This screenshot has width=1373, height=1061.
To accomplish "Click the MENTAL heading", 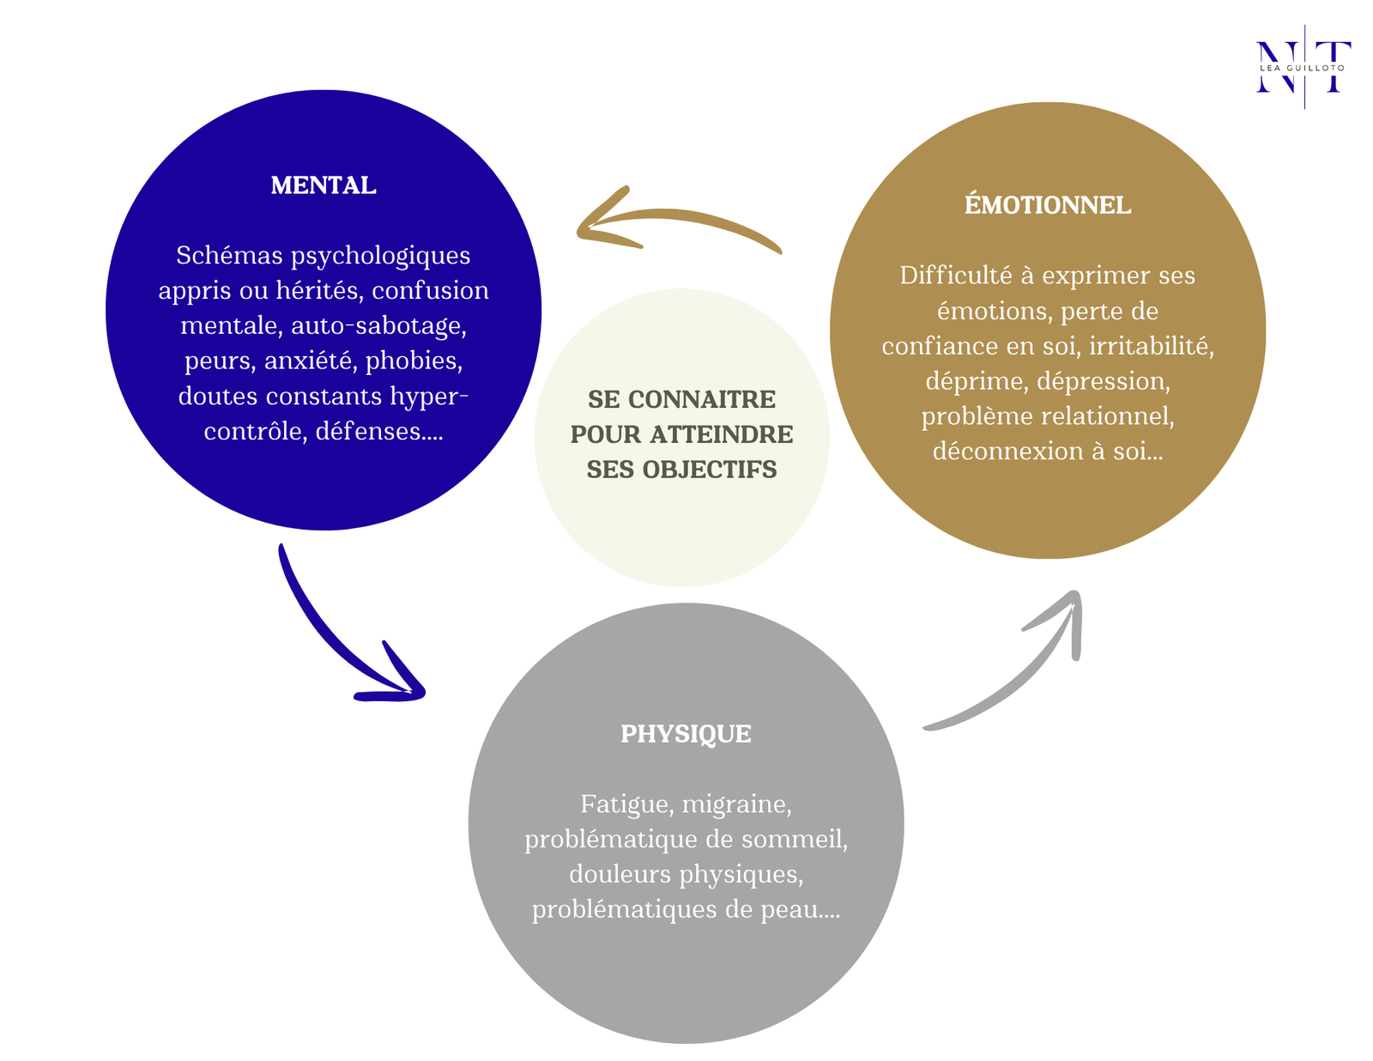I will (324, 185).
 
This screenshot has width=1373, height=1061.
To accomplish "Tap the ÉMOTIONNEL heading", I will (1047, 205).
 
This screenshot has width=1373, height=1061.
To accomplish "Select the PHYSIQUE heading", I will (686, 734).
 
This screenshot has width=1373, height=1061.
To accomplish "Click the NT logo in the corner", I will (1303, 67).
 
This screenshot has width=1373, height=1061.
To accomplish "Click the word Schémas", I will (229, 255).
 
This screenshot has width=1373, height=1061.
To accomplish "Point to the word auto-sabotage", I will (378, 326).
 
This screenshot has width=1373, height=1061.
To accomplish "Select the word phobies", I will (414, 361).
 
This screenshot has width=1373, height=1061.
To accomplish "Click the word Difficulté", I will (953, 276).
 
